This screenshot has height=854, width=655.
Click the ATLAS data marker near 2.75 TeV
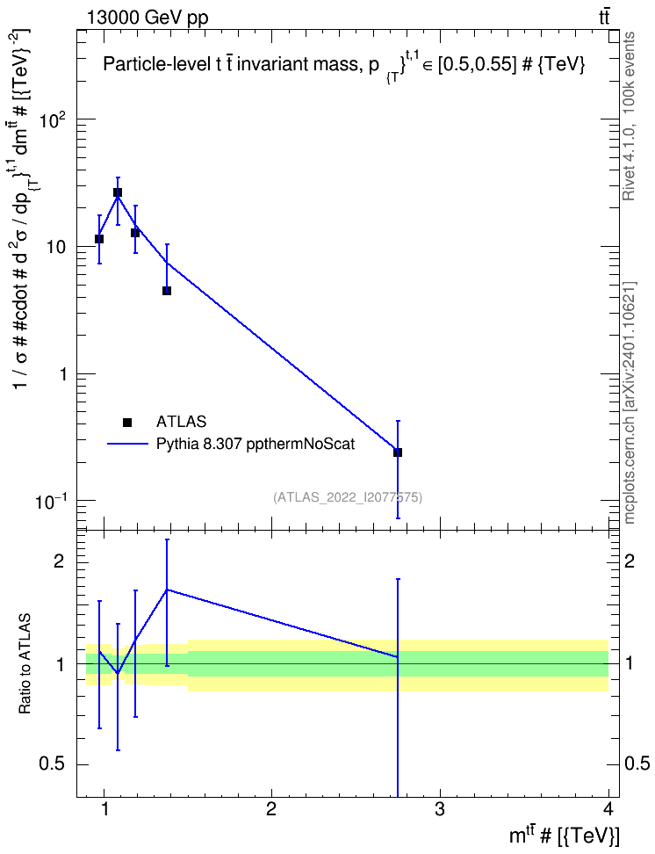coord(398,452)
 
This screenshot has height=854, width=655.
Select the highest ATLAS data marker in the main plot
coord(118,192)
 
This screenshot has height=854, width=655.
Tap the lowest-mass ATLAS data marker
coord(99,239)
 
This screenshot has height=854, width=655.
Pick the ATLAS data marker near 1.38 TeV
coord(167,290)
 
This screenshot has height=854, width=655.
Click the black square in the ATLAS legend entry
coord(127,422)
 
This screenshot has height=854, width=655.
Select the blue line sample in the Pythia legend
coord(127,444)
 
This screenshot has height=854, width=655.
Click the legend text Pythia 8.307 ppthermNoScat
coord(256,444)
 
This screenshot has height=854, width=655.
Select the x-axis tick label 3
coord(440,809)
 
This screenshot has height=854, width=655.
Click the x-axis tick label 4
coord(608,809)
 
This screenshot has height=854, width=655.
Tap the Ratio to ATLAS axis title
coord(25,663)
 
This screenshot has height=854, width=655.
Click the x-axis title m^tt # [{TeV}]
coord(564,835)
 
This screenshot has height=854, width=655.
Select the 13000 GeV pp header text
coord(147,18)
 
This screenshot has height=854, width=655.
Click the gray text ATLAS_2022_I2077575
coord(348,497)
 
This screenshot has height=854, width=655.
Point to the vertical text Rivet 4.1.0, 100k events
coord(629,116)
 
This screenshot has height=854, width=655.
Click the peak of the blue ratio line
coord(167,590)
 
